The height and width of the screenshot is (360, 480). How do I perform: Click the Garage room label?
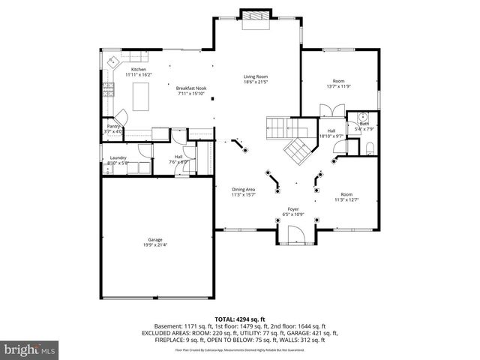coord(151,241)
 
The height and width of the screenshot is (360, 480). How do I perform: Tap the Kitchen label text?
coord(138,70)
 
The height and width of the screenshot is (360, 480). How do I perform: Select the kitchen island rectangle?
coord(141,95)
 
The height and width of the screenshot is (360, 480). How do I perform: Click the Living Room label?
coord(255,76)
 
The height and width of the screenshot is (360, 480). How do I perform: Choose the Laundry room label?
coord(118,157)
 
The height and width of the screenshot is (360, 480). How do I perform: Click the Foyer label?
coord(293,210)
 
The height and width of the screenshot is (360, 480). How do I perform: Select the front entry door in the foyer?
coord(293,237)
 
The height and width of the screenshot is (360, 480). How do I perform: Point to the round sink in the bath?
coord(361,117)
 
